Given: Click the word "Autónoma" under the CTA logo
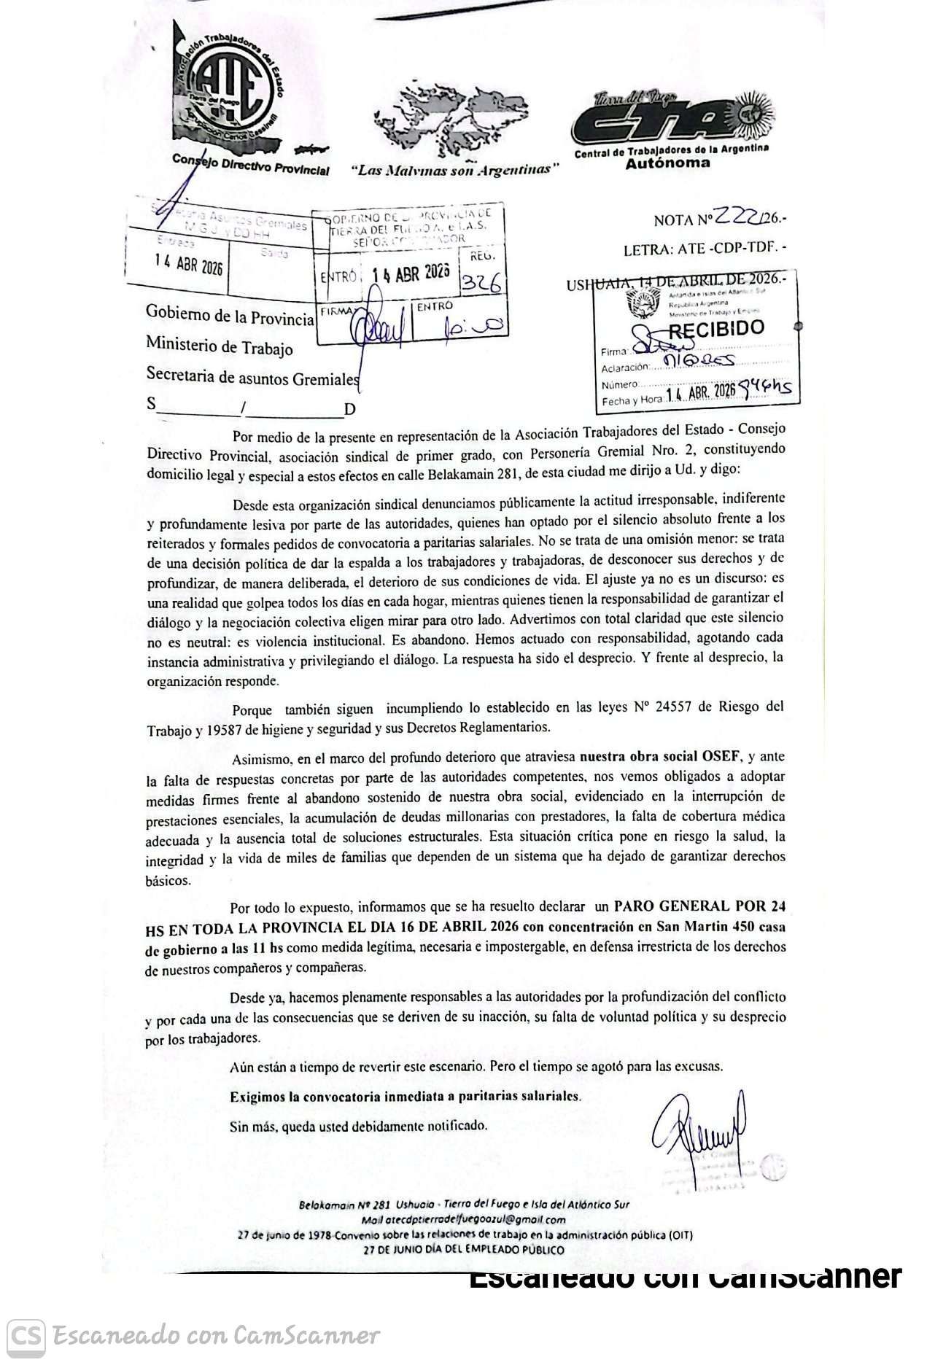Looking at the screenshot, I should coord(667,163).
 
